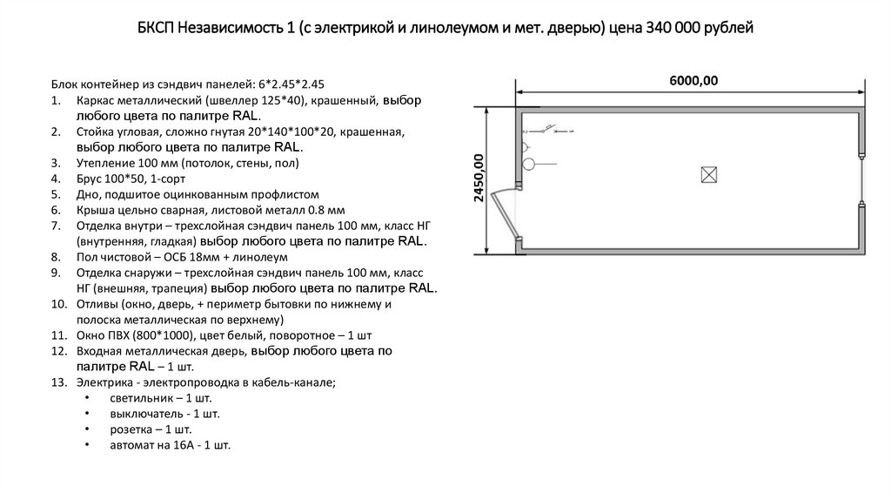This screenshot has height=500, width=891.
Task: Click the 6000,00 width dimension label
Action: coord(693,81)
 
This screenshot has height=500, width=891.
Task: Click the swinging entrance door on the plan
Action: coord(503,217)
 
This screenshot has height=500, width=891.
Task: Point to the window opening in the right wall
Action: coord(861,180)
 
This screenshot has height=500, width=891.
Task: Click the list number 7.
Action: coord(56,226)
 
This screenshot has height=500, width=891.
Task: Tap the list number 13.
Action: coord(59,382)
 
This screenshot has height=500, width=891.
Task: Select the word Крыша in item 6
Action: coord(96,210)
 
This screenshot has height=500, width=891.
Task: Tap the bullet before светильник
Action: coord(88,398)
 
